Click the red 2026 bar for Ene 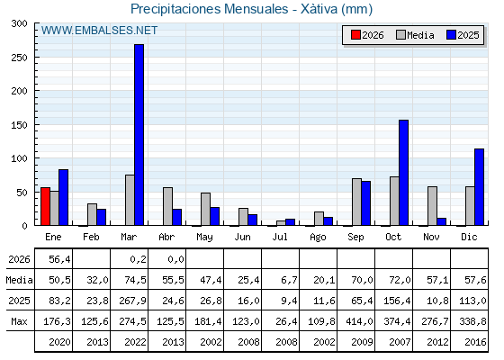(x=45, y=206)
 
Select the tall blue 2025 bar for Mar (x=139, y=135)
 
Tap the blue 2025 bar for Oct (x=404, y=173)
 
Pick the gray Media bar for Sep (x=356, y=202)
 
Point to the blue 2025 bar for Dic (x=479, y=187)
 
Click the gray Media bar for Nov (x=432, y=206)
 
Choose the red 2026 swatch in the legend (x=355, y=35)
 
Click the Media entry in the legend (x=415, y=35)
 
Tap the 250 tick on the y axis (x=20, y=58)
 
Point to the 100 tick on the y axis (x=20, y=158)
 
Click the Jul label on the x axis (x=280, y=237)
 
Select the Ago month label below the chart (x=318, y=238)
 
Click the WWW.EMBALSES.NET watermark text (x=99, y=31)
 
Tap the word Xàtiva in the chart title (x=319, y=9)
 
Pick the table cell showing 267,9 (x=132, y=301)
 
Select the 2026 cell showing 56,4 (x=59, y=259)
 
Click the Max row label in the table (x=19, y=321)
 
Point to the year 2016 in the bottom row (x=475, y=342)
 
